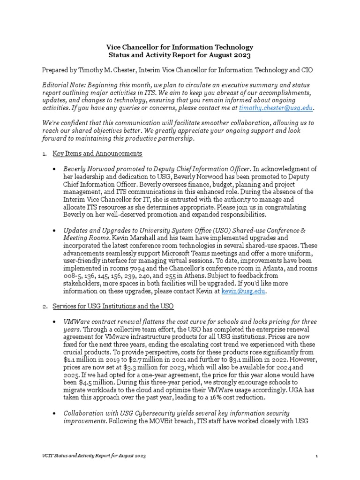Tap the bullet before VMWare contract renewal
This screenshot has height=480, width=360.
(56, 322)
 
